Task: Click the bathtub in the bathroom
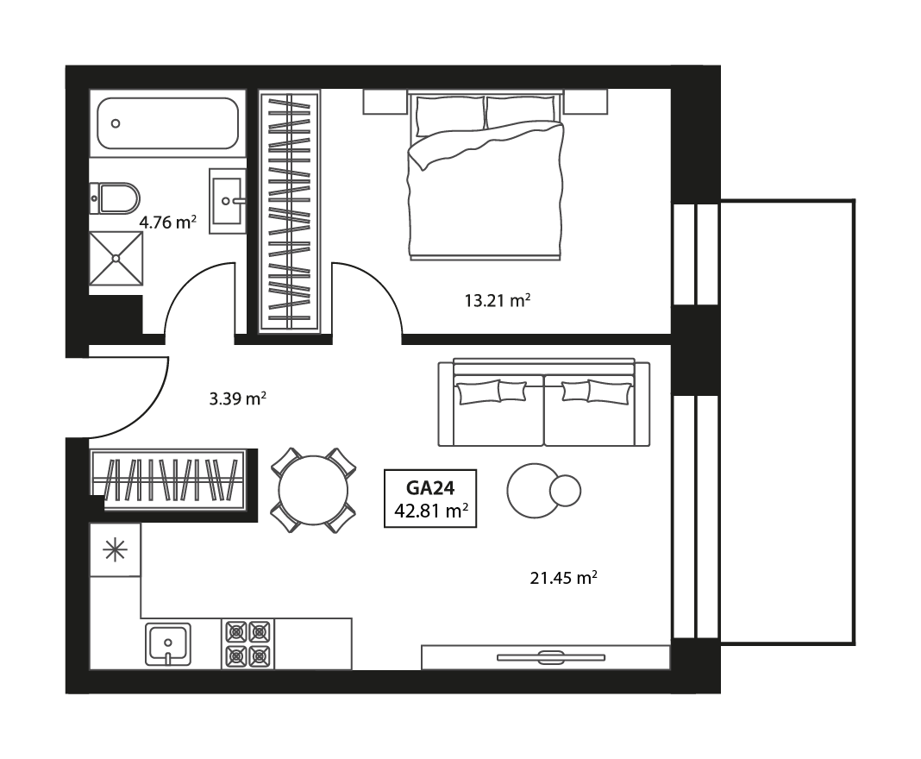coord(167,123)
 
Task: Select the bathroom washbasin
coord(228,201)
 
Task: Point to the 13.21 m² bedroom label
coord(497,301)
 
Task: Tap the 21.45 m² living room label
coord(564,578)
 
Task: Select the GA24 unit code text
coord(429,487)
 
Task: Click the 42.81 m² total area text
coord(430,510)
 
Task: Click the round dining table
coord(313,489)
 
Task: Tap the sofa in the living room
coord(544,404)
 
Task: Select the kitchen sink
coord(169,643)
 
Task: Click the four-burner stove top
coord(248,643)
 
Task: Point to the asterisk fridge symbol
coord(115,550)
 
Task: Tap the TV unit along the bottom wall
coord(545,657)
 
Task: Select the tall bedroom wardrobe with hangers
coord(290,211)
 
